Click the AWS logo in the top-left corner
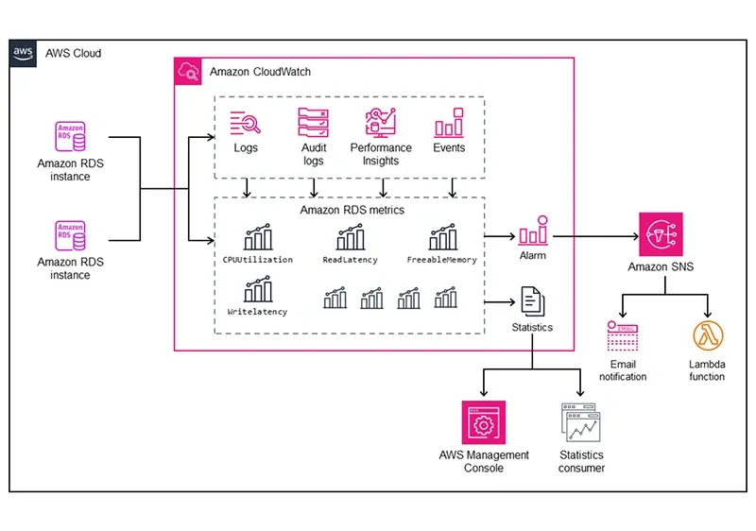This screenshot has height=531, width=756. (x=24, y=53)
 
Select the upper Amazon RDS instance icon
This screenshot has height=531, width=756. (x=71, y=136)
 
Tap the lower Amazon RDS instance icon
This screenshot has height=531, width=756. (x=71, y=235)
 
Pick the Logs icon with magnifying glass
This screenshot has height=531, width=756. (x=246, y=123)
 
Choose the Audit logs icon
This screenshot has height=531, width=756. (x=313, y=123)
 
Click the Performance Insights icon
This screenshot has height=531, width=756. (x=381, y=123)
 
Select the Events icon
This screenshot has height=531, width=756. (x=449, y=123)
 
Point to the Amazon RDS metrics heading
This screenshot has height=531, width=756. (x=352, y=210)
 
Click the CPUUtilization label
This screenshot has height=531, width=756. (x=258, y=260)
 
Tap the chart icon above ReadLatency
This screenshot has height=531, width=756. (x=350, y=238)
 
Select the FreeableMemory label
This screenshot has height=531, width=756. (x=442, y=260)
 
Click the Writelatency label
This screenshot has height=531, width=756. (x=258, y=311)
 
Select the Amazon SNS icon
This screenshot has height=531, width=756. (x=661, y=234)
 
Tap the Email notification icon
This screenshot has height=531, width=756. (x=623, y=336)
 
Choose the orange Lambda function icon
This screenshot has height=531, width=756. (x=707, y=336)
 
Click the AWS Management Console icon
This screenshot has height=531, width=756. (x=484, y=422)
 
